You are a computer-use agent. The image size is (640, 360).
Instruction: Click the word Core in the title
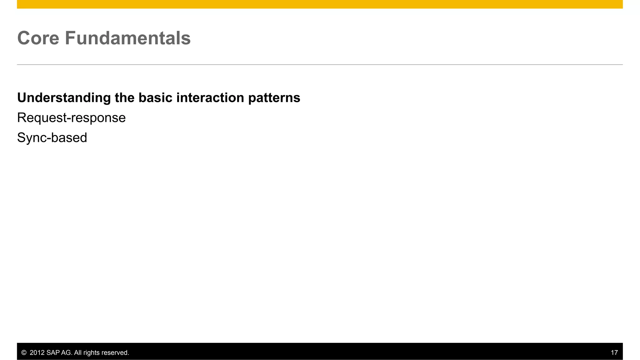click(38, 38)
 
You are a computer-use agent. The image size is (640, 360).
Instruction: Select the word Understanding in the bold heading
click(64, 98)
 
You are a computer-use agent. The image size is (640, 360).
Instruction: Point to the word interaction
click(210, 98)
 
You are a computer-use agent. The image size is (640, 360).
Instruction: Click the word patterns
click(274, 98)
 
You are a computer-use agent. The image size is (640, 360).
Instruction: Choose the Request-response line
click(71, 118)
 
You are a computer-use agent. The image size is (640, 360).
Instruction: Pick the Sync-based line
click(52, 138)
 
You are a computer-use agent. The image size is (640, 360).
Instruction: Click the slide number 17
click(614, 353)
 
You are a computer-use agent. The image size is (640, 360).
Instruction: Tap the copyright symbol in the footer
click(24, 353)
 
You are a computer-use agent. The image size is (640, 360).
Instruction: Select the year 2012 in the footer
click(37, 353)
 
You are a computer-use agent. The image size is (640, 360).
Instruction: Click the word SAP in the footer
click(53, 353)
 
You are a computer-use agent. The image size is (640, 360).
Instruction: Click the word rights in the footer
click(91, 353)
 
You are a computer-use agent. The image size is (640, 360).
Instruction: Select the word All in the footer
click(78, 353)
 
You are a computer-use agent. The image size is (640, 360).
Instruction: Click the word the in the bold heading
click(124, 98)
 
